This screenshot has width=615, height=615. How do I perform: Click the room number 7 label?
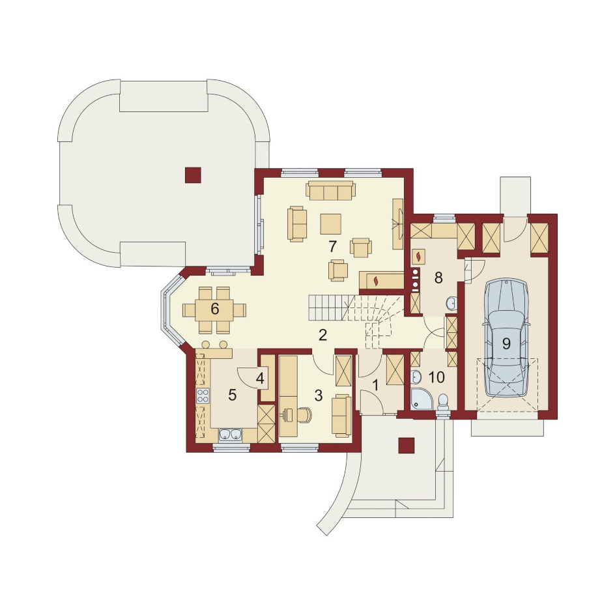coord(332,247)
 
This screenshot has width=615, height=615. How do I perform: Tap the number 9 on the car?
coord(506,344)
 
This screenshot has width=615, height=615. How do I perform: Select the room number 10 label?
coord(436,377)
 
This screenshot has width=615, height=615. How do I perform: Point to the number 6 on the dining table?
coord(214,309)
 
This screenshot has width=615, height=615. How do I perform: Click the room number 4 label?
coord(260,378)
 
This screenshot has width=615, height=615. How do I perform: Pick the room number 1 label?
coord(375,385)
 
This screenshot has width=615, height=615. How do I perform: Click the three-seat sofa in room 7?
coord(331,190)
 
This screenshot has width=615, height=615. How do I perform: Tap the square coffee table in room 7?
coord(331,224)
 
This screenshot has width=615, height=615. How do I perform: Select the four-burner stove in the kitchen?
coord(203,396)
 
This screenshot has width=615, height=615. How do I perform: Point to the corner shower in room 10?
coord(422,399)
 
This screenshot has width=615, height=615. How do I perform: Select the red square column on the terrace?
coord(193,175)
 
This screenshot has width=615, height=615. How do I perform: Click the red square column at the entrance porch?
coord(406,446)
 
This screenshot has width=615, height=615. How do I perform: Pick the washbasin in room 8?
coord(452,303)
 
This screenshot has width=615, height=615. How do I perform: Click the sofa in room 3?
coord(341,416)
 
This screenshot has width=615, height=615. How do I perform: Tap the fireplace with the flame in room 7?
coord(381,281)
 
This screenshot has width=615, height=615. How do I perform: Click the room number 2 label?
coord(322,335)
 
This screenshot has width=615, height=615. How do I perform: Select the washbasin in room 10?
coord(416,377)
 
